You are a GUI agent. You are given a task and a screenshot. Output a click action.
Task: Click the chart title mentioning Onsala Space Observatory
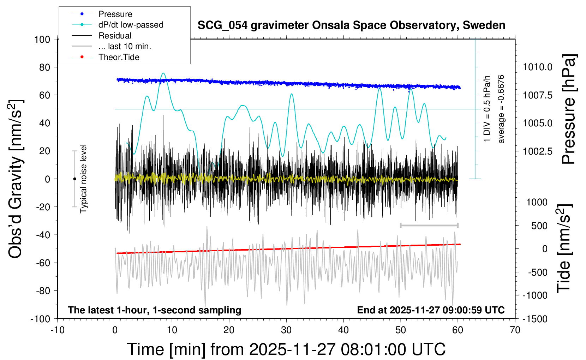click(351, 25)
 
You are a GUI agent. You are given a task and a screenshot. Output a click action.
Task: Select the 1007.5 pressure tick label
click(538, 95)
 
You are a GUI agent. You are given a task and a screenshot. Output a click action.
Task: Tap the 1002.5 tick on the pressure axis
click(538, 151)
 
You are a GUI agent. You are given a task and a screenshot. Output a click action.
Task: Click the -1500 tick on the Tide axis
click(535, 319)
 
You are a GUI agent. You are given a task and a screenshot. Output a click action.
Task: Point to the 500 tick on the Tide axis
click(539, 226)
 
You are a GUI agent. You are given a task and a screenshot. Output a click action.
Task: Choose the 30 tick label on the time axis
click(286, 330)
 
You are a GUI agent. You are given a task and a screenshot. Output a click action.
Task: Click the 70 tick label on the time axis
click(515, 330)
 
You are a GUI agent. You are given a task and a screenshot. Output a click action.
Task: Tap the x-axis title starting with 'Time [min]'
click(286, 349)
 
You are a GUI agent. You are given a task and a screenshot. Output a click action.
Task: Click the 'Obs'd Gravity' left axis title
click(16, 179)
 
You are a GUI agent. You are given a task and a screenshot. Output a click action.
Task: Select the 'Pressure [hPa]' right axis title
click(568, 109)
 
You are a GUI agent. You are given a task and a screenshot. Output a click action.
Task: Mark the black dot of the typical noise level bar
click(74, 179)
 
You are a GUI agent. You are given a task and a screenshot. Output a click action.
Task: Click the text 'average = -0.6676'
click(501, 109)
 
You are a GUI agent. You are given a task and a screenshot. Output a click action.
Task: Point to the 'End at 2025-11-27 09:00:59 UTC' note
click(431, 310)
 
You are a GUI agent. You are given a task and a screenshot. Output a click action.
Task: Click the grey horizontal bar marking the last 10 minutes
click(429, 225)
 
